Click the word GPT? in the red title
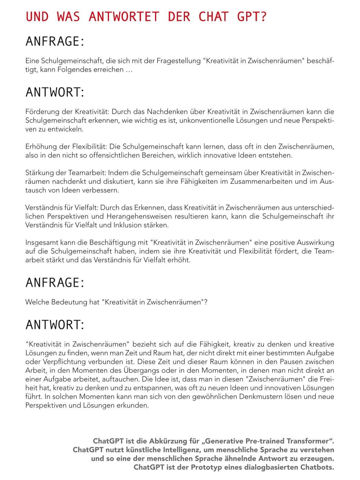tap(252, 17)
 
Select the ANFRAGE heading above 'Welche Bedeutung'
tap(55, 282)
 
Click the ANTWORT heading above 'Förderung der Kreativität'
tap(55, 92)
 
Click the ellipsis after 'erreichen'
tap(129, 70)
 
